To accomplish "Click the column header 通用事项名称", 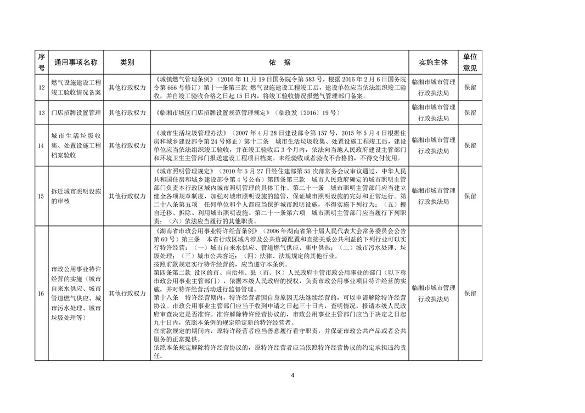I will (76, 63).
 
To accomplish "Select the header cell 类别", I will (127, 63).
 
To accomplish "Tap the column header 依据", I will (280, 63).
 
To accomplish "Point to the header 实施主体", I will (433, 63).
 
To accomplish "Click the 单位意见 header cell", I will (470, 63).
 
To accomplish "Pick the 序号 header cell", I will (41, 63).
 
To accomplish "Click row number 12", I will (41, 87).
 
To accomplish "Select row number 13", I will (41, 112).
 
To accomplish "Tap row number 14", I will (41, 146).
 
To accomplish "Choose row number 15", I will (41, 196).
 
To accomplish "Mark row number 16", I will (41, 293).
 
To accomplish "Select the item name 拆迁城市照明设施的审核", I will (76, 196).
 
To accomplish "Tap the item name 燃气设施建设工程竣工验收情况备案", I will (76, 87).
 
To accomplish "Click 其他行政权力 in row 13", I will (127, 112).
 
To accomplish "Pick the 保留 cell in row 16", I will (470, 293).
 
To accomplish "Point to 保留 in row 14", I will (470, 146).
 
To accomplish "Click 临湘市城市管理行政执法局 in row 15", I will (433, 196).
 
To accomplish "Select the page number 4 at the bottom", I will (292, 375).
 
